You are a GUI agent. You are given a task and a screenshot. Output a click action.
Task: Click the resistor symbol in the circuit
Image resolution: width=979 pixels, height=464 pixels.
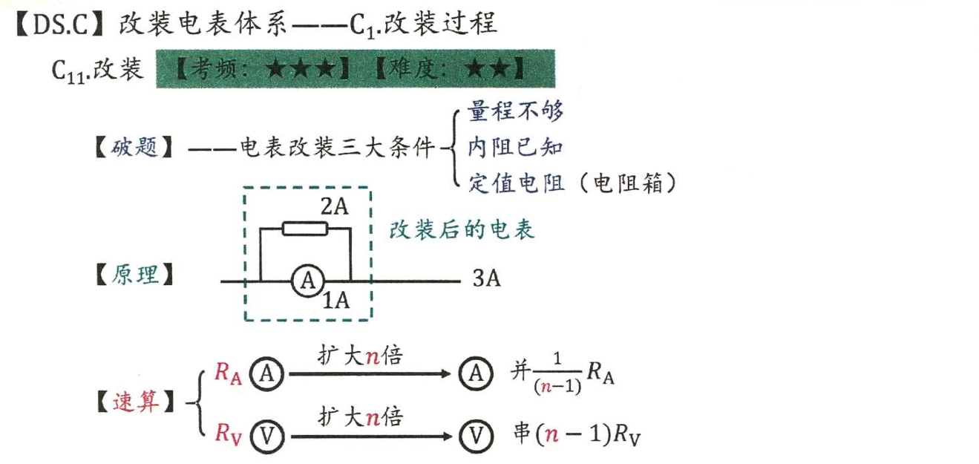(x=304, y=229)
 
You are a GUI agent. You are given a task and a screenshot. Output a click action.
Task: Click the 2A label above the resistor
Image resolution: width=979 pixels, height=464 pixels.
(x=335, y=208)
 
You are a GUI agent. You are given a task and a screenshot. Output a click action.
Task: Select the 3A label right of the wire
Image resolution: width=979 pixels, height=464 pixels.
(x=486, y=280)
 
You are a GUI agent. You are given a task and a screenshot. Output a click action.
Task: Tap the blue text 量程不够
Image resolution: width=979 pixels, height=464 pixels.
(x=515, y=111)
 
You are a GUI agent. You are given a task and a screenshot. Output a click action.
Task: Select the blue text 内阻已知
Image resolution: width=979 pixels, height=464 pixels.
(x=515, y=146)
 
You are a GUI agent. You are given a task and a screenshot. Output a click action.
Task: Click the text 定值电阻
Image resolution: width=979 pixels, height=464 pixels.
(x=515, y=183)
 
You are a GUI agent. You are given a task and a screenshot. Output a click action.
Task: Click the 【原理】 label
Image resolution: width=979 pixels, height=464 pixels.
(x=134, y=275)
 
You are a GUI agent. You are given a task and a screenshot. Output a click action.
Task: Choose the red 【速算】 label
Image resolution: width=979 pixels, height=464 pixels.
(x=134, y=403)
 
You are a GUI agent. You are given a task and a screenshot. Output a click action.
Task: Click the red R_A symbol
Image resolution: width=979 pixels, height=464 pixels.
(x=228, y=373)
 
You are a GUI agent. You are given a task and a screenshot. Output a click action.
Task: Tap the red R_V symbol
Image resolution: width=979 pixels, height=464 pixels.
(x=228, y=433)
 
